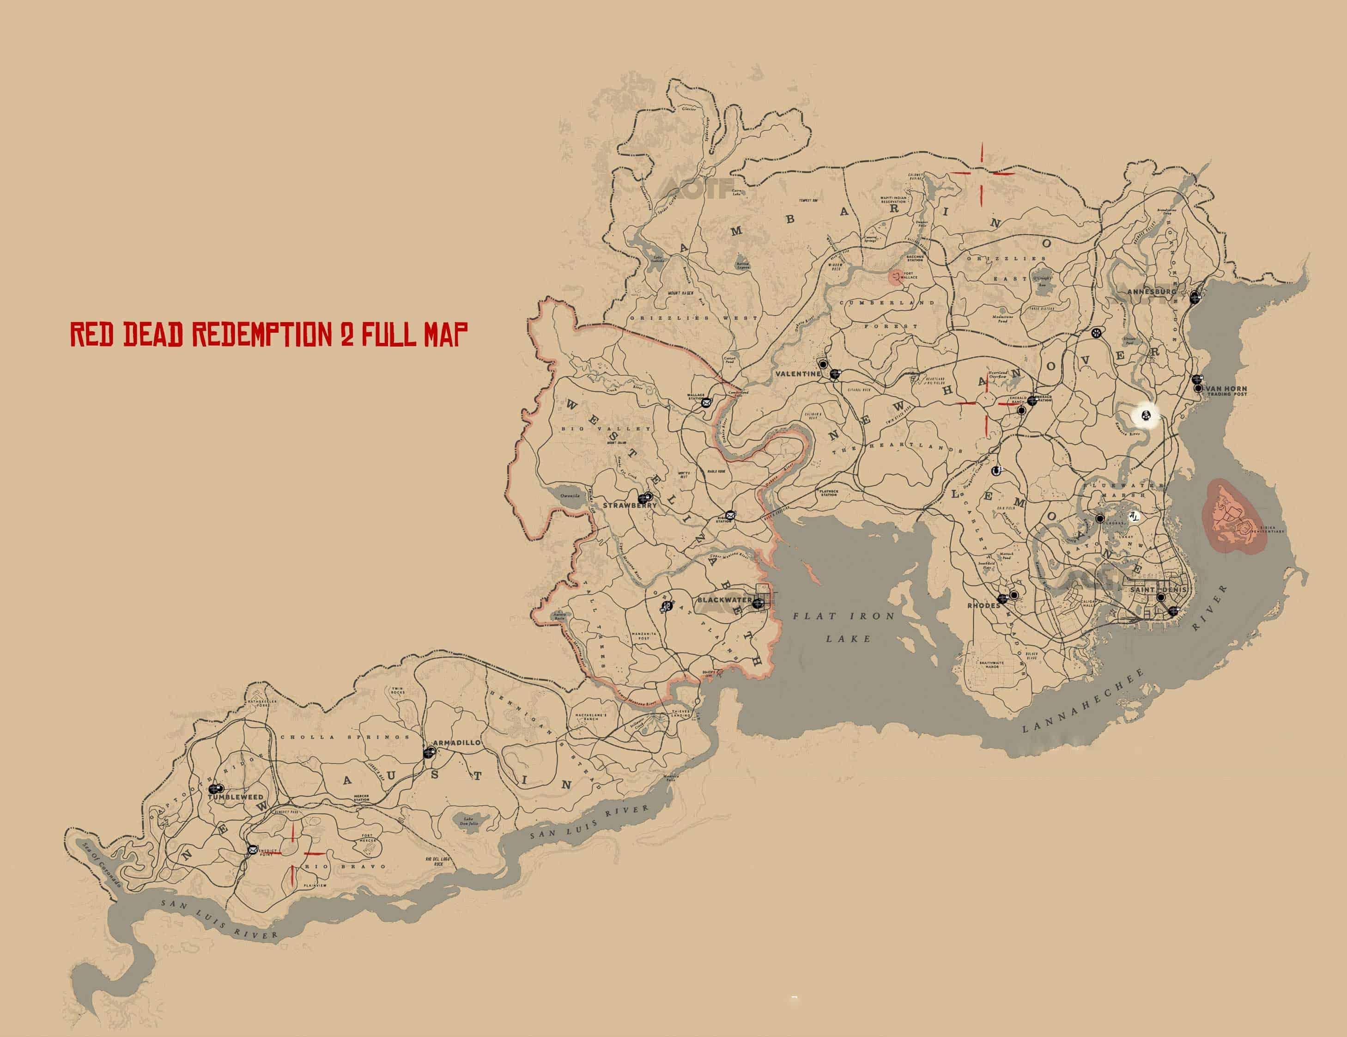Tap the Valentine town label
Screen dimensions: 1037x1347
click(x=798, y=374)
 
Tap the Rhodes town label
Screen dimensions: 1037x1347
click(x=983, y=605)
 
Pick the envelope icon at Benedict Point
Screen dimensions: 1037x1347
click(x=252, y=849)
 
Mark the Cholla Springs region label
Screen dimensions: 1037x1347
click(x=346, y=737)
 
